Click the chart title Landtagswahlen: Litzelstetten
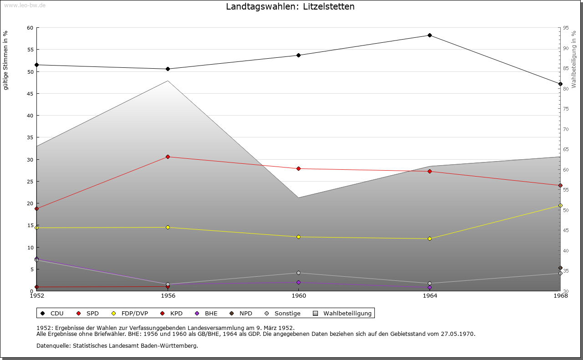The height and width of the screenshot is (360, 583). pyautogui.click(x=290, y=7)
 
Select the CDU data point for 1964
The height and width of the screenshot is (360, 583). pyautogui.click(x=430, y=35)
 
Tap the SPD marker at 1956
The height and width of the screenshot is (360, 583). pyautogui.click(x=168, y=157)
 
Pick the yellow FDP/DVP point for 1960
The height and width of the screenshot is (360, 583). pyautogui.click(x=299, y=237)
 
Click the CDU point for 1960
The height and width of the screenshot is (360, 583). pyautogui.click(x=299, y=56)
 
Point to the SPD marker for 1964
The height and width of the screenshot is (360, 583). pyautogui.click(x=430, y=172)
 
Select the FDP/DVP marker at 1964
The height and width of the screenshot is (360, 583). pyautogui.click(x=430, y=239)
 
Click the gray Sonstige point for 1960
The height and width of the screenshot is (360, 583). pyautogui.click(x=299, y=273)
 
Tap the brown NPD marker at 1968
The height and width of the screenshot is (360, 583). pyautogui.click(x=560, y=268)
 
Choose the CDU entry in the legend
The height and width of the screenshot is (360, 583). pyautogui.click(x=52, y=314)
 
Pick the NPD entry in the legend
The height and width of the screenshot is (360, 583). pyautogui.click(x=241, y=314)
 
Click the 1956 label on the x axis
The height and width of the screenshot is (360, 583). pyautogui.click(x=168, y=296)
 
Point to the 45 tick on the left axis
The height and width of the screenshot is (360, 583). pyautogui.click(x=30, y=94)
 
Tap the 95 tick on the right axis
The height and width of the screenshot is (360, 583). pyautogui.click(x=566, y=28)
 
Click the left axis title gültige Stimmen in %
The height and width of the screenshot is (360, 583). pyautogui.click(x=6, y=60)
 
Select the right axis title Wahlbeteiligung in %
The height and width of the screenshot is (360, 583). pyautogui.click(x=574, y=60)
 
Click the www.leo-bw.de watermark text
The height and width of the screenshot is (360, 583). pyautogui.click(x=24, y=5)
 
